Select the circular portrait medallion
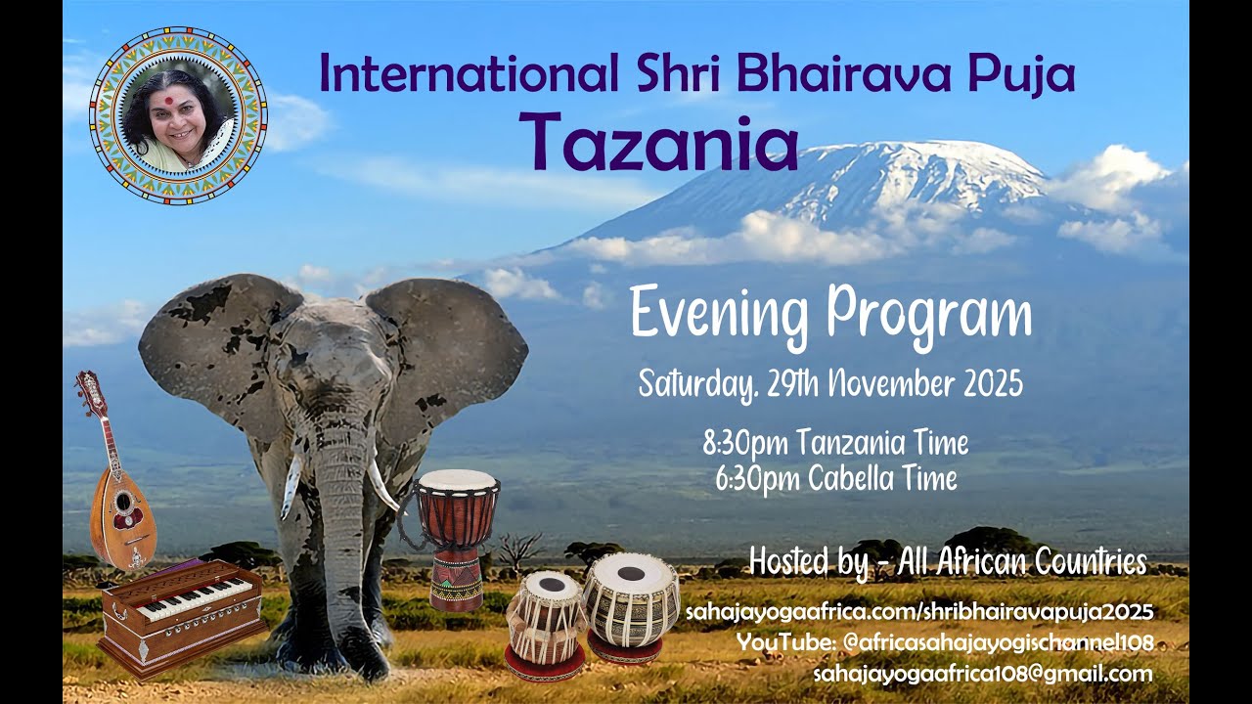178,116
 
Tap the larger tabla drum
631,604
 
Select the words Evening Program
830,315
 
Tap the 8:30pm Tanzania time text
835,443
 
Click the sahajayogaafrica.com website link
919,612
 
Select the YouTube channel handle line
945,642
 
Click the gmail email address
982,673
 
